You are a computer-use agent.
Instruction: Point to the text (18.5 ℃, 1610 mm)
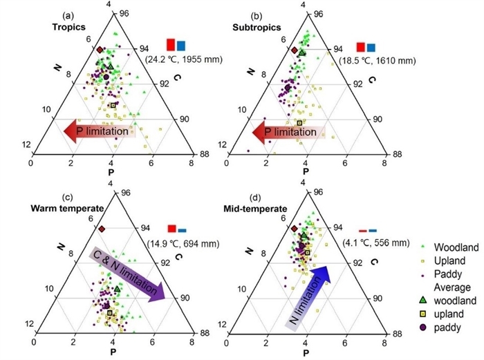[x=376, y=61]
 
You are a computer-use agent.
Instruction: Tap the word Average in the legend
[x=450, y=287]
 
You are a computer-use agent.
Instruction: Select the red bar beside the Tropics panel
[x=170, y=45]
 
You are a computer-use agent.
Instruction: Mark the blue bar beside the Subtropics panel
[x=371, y=47]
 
